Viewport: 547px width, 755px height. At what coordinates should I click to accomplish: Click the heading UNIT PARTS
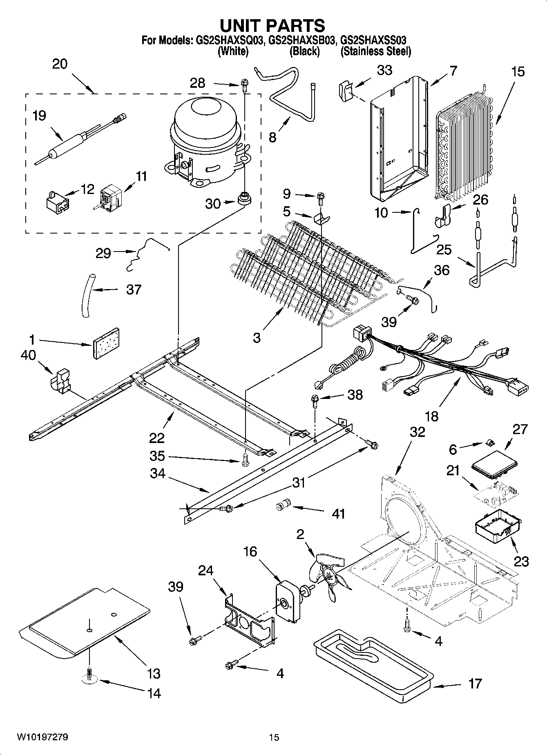[x=272, y=25]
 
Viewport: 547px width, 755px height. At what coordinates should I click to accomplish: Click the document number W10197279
[x=42, y=737]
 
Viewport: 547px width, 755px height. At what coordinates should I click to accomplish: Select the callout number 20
[x=60, y=64]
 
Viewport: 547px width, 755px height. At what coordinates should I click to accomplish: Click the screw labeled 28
[x=244, y=84]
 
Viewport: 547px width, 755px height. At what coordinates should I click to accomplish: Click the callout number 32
[x=417, y=432]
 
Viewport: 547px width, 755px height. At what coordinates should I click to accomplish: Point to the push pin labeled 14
[x=89, y=678]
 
